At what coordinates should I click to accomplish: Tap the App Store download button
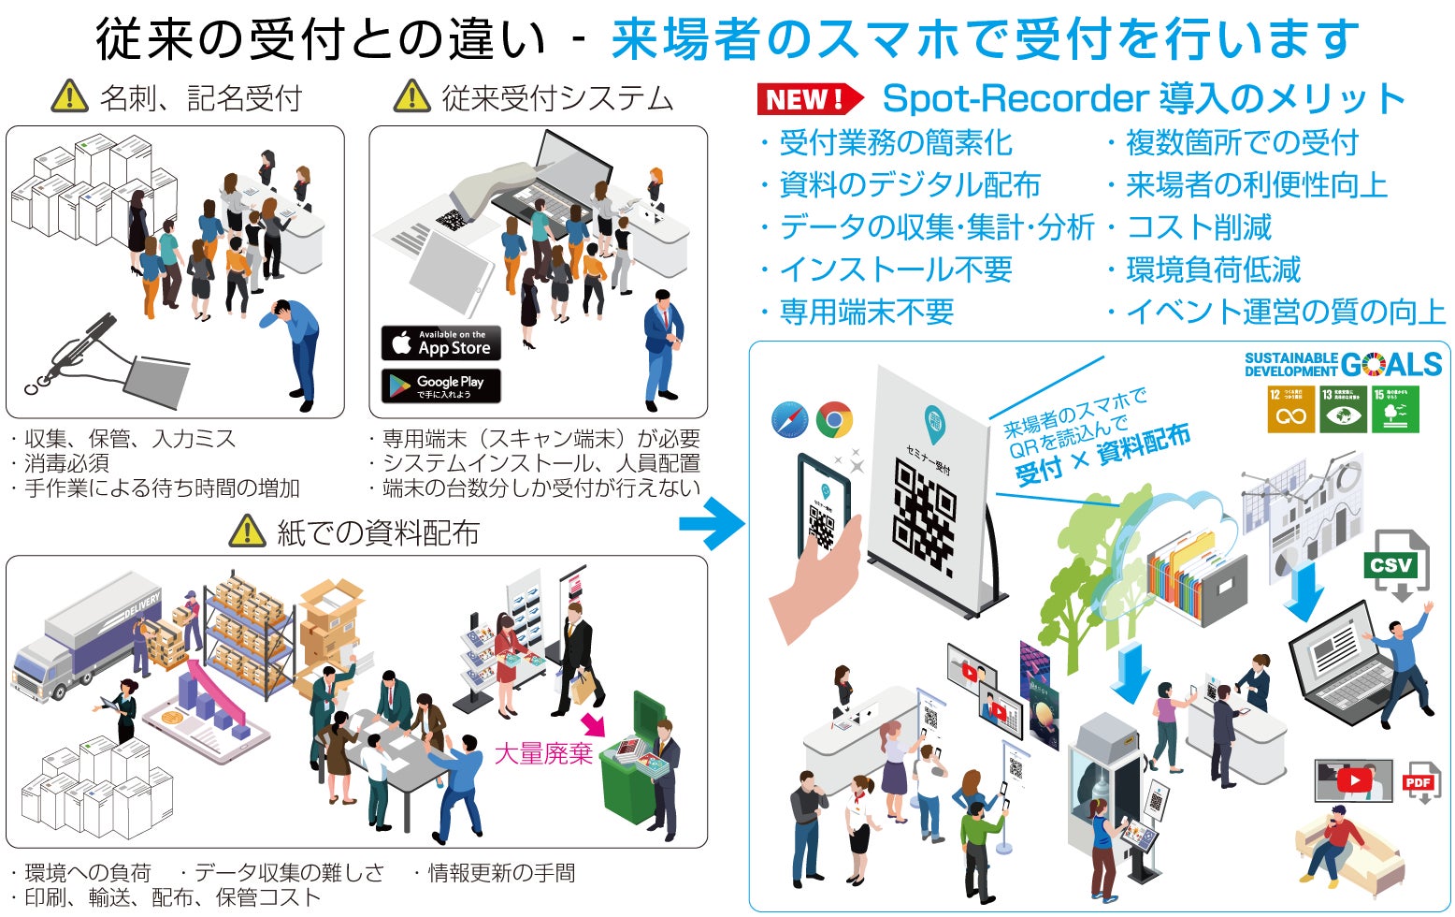[441, 343]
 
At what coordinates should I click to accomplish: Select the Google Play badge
[441, 386]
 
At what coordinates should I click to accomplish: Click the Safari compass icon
[790, 419]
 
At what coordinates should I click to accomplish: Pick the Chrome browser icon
[834, 420]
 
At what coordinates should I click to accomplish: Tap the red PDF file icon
[1419, 782]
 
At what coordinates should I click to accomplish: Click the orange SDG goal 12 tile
[1290, 409]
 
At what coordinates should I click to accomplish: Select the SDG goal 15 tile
[1396, 409]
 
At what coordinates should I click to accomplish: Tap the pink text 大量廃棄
[543, 753]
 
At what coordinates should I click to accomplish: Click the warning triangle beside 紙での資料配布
[247, 531]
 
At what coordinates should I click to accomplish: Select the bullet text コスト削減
[1198, 227]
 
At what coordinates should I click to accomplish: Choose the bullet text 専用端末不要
[866, 312]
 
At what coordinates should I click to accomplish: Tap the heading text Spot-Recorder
[1016, 98]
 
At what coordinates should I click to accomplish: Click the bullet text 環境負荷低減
[1213, 269]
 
